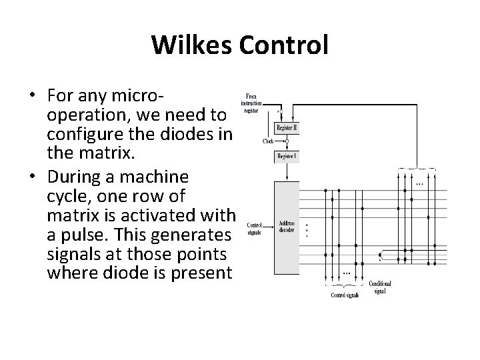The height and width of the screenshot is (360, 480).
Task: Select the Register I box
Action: [x=287, y=157]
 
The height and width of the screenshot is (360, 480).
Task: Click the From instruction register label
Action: [x=253, y=103]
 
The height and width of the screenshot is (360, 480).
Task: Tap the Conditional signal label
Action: [x=380, y=287]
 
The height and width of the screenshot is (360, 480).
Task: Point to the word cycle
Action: [x=69, y=197]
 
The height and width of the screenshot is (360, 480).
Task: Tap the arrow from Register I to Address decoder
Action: [x=287, y=173]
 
